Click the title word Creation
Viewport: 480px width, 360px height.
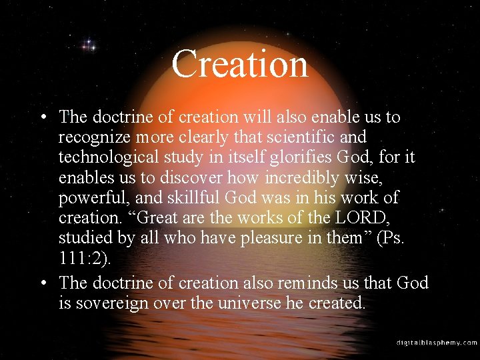pos(240,65)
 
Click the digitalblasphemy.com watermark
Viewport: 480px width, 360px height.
pos(437,343)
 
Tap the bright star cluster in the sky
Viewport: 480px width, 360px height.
pos(88,46)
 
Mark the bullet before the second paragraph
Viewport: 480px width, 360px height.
pos(42,283)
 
